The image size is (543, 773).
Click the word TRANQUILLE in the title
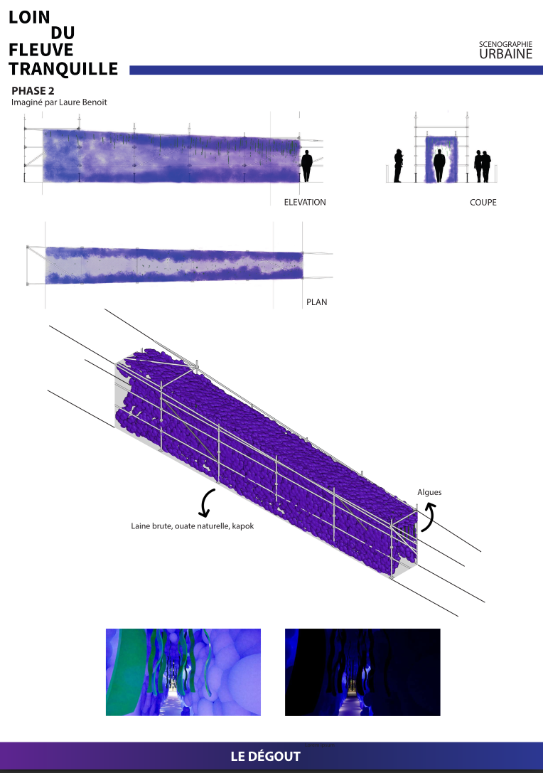pos(63,69)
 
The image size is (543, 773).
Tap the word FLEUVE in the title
pos(41,50)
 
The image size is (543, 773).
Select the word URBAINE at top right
pos(505,54)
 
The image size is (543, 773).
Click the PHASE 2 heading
pos(33,91)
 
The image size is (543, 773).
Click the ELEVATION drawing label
pos(305,202)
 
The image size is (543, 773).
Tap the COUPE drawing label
pos(483,202)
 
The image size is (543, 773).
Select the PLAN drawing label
pos(317,302)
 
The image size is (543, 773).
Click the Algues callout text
pos(430,492)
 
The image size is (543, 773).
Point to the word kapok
pos(243,526)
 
